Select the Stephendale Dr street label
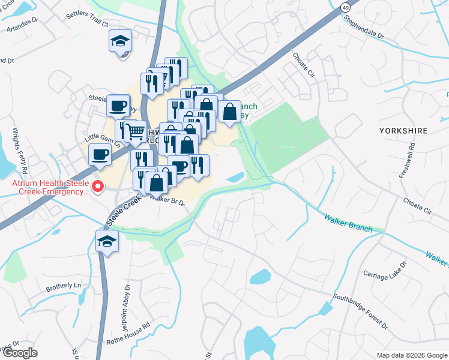pos(363,27)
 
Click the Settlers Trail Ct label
pos(88,24)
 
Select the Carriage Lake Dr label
pos(385,272)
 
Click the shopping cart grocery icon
pos(136,130)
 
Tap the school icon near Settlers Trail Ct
pos(120,41)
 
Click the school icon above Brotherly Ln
pos(107,241)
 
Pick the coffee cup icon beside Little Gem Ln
pos(100,154)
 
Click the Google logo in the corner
pos(19,353)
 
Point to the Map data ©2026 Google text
pos(411,355)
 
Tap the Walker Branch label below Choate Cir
pos(348,223)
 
